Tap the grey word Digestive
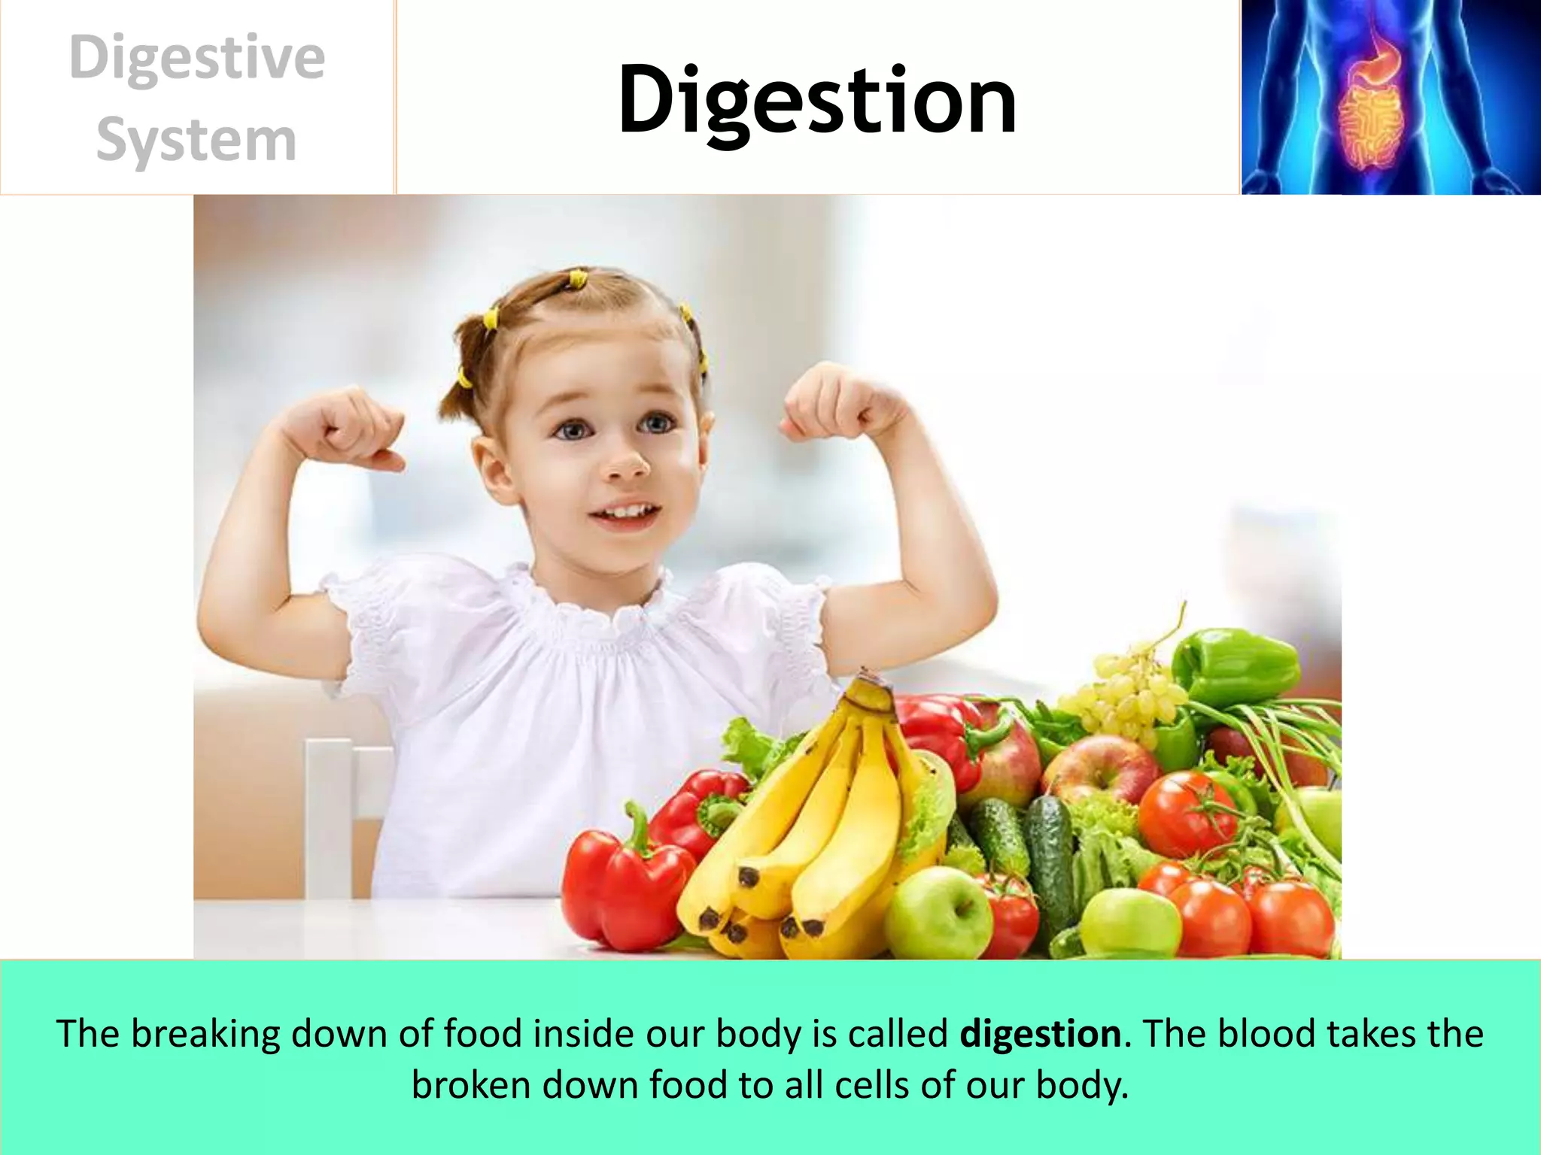tap(196, 59)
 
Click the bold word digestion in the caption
tap(1041, 1034)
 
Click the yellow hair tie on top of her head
tap(577, 280)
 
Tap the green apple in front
tap(941, 914)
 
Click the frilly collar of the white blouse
tap(587, 609)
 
